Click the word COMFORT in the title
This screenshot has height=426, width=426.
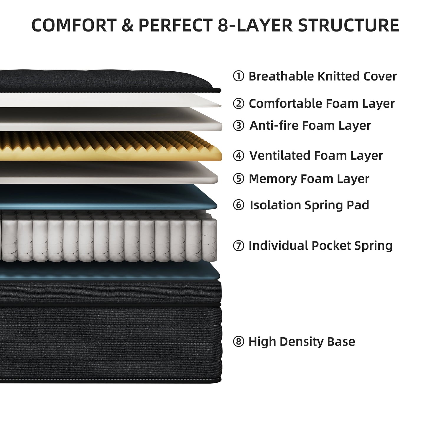click(x=74, y=25)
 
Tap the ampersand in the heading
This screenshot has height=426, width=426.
click(x=127, y=25)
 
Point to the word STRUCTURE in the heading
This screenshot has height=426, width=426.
click(x=348, y=25)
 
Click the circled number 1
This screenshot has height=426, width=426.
click(x=239, y=76)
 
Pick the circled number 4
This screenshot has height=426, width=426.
click(x=239, y=155)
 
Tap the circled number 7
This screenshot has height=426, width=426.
click(x=239, y=246)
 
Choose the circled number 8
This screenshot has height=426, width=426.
click(x=239, y=342)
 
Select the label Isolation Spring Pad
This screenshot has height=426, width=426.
click(x=309, y=205)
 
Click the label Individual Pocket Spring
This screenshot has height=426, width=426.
click(x=320, y=246)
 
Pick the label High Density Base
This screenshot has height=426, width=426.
click(x=302, y=342)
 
